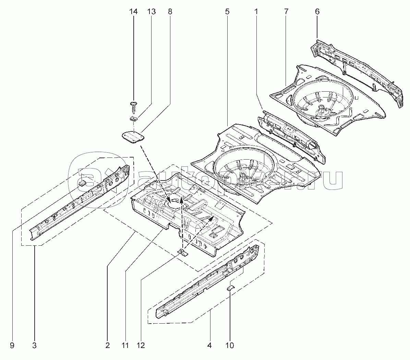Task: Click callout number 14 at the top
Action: click(x=133, y=12)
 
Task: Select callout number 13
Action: click(x=151, y=12)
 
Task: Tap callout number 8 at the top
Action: click(x=170, y=12)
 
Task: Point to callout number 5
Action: click(x=227, y=12)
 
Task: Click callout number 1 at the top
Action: click(x=256, y=12)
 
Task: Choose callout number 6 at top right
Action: click(x=317, y=12)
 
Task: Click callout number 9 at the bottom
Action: click(x=12, y=346)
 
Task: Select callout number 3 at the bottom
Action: click(x=35, y=346)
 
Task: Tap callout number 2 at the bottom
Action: click(x=108, y=346)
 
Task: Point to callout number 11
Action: click(x=125, y=346)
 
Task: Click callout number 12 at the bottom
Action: click(x=142, y=346)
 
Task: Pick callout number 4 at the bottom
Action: click(x=209, y=346)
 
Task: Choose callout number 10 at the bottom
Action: click(x=230, y=346)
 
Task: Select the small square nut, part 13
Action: click(x=134, y=119)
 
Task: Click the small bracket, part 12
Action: click(x=182, y=253)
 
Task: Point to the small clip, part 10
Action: click(x=230, y=287)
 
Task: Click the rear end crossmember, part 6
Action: click(x=357, y=72)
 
